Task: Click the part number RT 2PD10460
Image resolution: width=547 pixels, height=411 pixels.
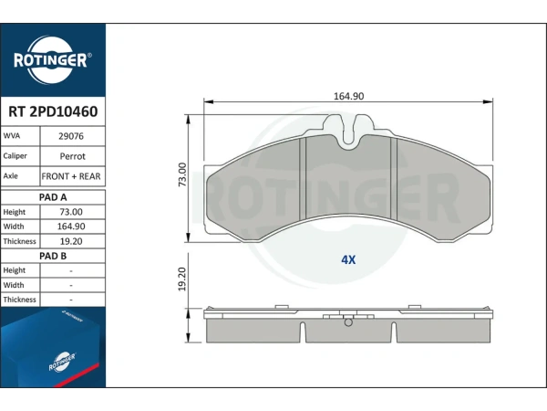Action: point(53,111)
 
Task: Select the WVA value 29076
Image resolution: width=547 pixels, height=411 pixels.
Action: point(71,136)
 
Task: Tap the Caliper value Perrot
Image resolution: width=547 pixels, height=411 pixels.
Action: point(73,156)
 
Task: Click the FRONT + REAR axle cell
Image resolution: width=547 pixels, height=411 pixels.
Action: point(71,176)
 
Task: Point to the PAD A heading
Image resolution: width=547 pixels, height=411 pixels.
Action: point(53,197)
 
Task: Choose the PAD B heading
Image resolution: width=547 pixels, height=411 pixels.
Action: point(53,256)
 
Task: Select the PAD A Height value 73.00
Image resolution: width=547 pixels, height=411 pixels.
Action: point(71,212)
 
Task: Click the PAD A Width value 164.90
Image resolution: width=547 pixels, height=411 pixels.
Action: point(71,227)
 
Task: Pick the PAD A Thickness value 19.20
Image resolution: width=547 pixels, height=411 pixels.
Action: point(71,241)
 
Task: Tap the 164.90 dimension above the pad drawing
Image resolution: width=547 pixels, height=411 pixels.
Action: point(349,96)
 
